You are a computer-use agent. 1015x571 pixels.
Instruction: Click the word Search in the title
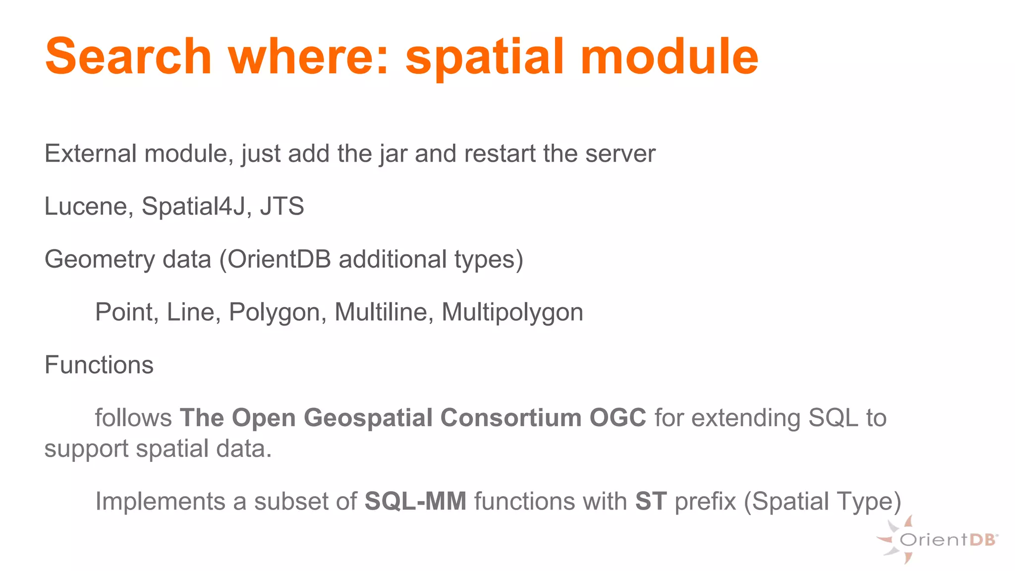tap(128, 57)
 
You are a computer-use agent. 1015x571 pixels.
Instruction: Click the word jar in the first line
tap(394, 154)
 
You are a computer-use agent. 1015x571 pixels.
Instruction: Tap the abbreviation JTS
tap(282, 206)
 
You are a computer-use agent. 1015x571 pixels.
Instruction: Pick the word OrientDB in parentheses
tap(279, 259)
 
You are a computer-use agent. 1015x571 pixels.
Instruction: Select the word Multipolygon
tap(512, 313)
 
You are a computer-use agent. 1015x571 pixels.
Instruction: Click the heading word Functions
tap(99, 365)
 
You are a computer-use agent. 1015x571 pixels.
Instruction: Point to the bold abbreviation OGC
tap(618, 418)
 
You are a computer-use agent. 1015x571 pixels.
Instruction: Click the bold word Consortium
tap(511, 418)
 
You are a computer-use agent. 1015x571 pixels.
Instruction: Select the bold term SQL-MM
tap(415, 501)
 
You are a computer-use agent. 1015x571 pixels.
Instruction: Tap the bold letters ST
tap(651, 501)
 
